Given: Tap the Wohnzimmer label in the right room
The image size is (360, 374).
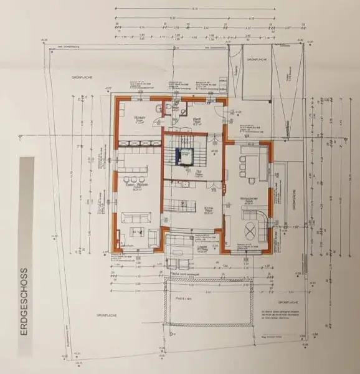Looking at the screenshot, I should [x=247, y=199].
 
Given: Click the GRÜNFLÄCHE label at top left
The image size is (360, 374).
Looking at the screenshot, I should [x=82, y=76].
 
